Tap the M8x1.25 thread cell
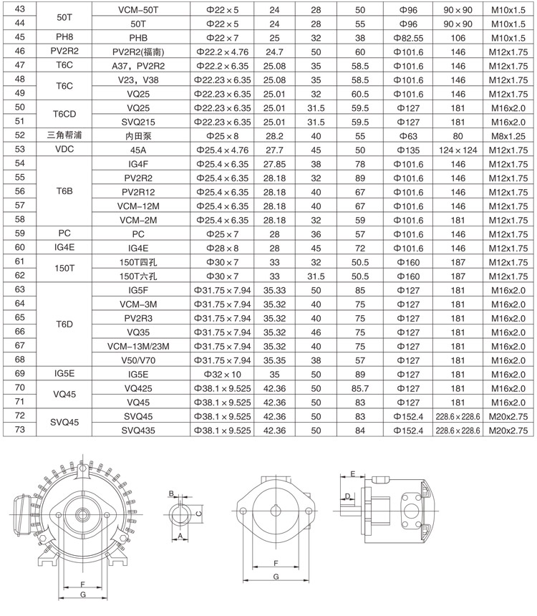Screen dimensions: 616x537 (511, 135)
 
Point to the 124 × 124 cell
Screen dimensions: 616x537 (458, 149)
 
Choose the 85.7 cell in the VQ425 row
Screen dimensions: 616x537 (360, 388)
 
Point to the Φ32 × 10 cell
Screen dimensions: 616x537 (223, 374)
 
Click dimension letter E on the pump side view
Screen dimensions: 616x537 (352, 474)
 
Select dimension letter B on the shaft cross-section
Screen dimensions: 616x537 (172, 493)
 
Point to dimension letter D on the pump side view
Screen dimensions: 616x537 (347, 496)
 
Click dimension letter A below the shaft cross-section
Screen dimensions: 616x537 (180, 536)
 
